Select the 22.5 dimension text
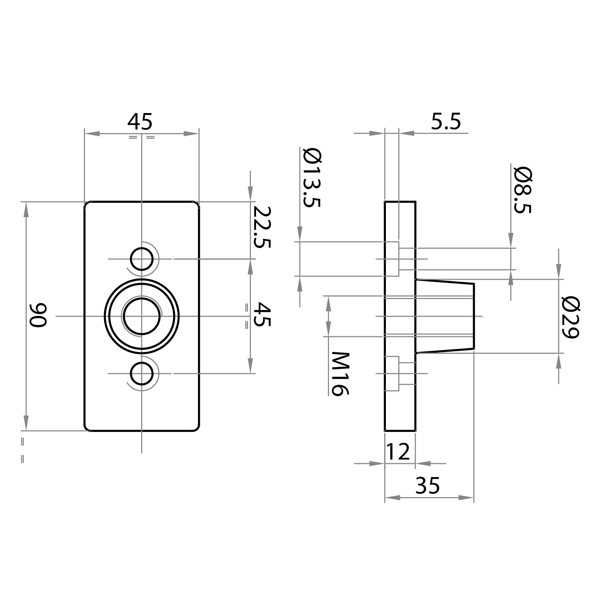click(x=262, y=227)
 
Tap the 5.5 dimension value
click(x=446, y=122)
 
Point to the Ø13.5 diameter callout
click(x=312, y=177)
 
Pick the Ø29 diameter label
click(x=570, y=317)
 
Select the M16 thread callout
click(x=340, y=373)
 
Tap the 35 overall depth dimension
click(x=428, y=485)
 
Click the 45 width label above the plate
click(x=140, y=122)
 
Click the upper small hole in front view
click(x=142, y=259)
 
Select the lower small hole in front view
click(x=142, y=373)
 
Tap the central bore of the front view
click(x=142, y=316)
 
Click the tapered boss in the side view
click(x=445, y=316)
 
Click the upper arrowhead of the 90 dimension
click(x=26, y=209)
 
